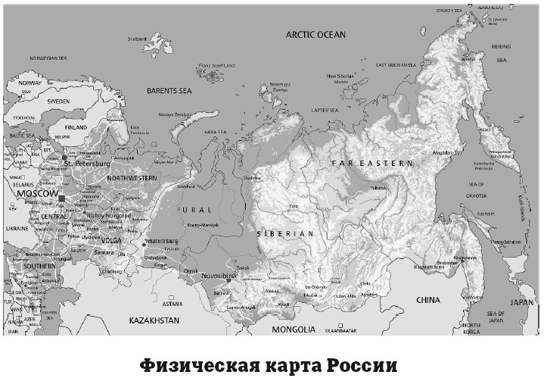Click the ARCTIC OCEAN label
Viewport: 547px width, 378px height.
tap(315, 35)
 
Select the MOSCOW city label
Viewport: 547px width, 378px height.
tap(37, 195)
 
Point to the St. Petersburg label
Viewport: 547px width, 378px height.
tap(88, 164)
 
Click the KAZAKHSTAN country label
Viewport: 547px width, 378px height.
tap(154, 320)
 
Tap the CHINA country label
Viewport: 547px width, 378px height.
tap(427, 300)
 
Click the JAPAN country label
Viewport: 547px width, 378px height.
tap(521, 301)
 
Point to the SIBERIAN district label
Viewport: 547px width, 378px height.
tap(284, 234)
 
